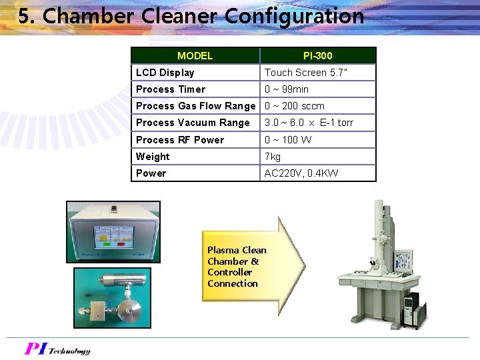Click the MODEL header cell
point(195,56)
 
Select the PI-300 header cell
point(317,56)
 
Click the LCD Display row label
point(165,73)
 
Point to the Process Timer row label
point(171,89)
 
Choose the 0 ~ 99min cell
point(287,89)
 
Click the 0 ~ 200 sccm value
point(295,106)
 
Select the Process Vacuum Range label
point(193,123)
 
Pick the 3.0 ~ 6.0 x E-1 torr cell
point(309,123)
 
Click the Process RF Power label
point(180,140)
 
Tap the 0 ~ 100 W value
point(288,140)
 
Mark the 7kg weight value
point(273,157)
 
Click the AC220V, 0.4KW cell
point(301,173)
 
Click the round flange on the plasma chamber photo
point(130,310)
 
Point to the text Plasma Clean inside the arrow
point(237,251)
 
